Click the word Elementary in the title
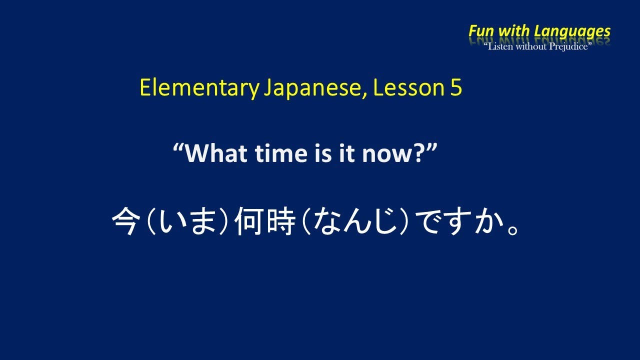(198, 88)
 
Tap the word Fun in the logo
(481, 31)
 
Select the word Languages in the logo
(572, 31)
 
